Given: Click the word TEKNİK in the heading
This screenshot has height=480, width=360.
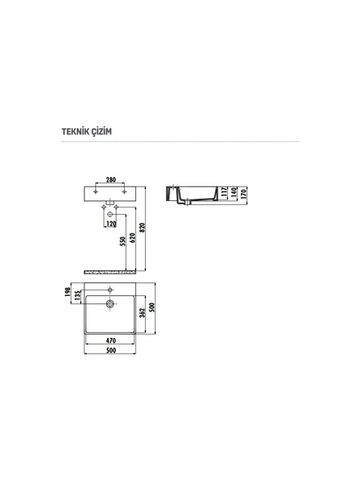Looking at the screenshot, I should click(x=76, y=131).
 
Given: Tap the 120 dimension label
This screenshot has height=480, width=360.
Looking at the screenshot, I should click(x=111, y=222).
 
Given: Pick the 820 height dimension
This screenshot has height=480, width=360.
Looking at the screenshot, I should click(x=144, y=229).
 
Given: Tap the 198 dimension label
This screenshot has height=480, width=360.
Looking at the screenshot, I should click(x=70, y=290).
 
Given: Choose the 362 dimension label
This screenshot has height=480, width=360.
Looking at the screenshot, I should click(x=142, y=311).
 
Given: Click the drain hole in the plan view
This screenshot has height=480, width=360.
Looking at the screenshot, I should click(x=109, y=303).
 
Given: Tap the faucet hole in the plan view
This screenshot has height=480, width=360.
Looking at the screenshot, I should click(x=109, y=289).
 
